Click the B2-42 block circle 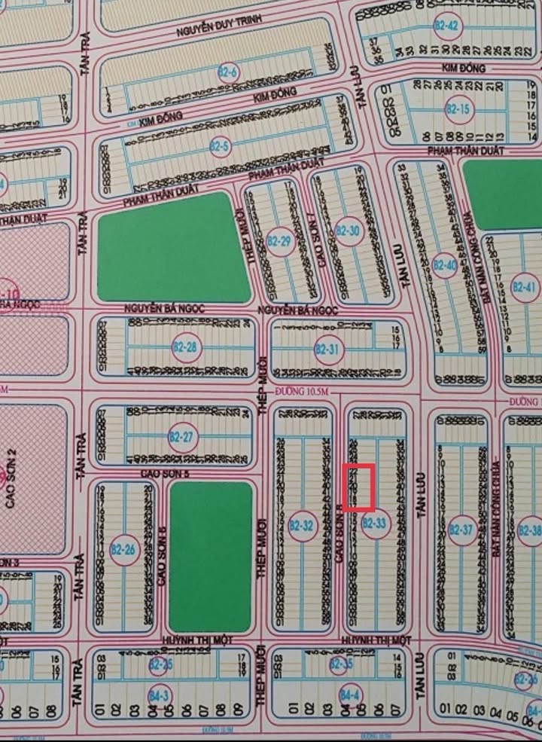(x=446, y=26)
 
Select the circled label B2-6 (x=229, y=73)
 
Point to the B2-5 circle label (x=220, y=145)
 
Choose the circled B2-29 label (x=279, y=242)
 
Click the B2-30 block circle (x=349, y=231)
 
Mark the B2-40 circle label (x=445, y=265)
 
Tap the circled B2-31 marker (x=328, y=349)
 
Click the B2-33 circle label (x=376, y=524)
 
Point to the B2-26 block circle (x=123, y=550)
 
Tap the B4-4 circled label (x=348, y=693)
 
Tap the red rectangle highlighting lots (x=359, y=487)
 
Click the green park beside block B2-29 (x=174, y=247)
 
